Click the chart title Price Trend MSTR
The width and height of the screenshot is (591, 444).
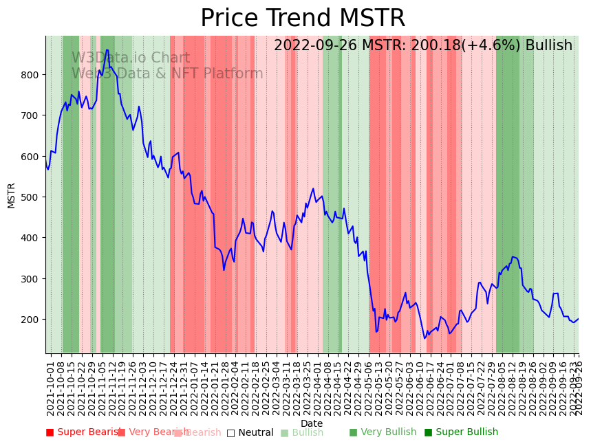[x=303, y=19]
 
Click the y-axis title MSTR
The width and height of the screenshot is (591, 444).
[x=11, y=195]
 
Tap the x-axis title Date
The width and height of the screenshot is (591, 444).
[x=312, y=424]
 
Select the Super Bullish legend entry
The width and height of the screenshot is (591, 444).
[x=461, y=432]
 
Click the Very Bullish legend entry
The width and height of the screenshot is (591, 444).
[x=383, y=432]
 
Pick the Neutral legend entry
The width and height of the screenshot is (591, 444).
[x=250, y=433]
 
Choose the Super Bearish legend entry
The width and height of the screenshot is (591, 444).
[x=84, y=432]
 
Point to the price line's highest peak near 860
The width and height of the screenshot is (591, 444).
[x=107, y=49]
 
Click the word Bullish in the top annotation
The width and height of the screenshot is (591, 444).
[x=549, y=46]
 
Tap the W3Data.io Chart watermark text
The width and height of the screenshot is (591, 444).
[x=131, y=58]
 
